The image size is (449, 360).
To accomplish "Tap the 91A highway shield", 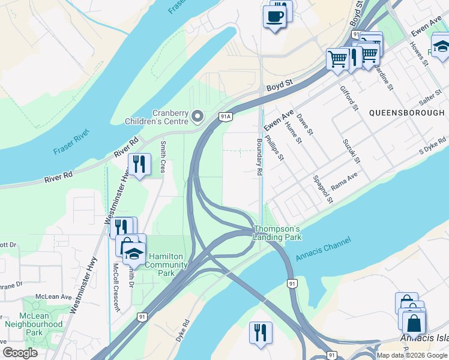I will [225, 116].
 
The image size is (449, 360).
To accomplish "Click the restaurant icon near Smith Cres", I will [139, 164].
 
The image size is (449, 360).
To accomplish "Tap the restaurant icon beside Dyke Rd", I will [261, 332].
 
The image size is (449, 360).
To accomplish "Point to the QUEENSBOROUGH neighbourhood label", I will [406, 113].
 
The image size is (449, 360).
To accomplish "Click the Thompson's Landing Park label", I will [276, 233].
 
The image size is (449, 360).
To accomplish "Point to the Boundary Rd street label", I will [259, 157].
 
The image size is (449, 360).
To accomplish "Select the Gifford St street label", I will [349, 98].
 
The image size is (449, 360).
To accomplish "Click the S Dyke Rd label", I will [433, 143].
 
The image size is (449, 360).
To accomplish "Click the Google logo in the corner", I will [20, 353].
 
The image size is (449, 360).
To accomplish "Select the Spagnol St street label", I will [322, 189].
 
